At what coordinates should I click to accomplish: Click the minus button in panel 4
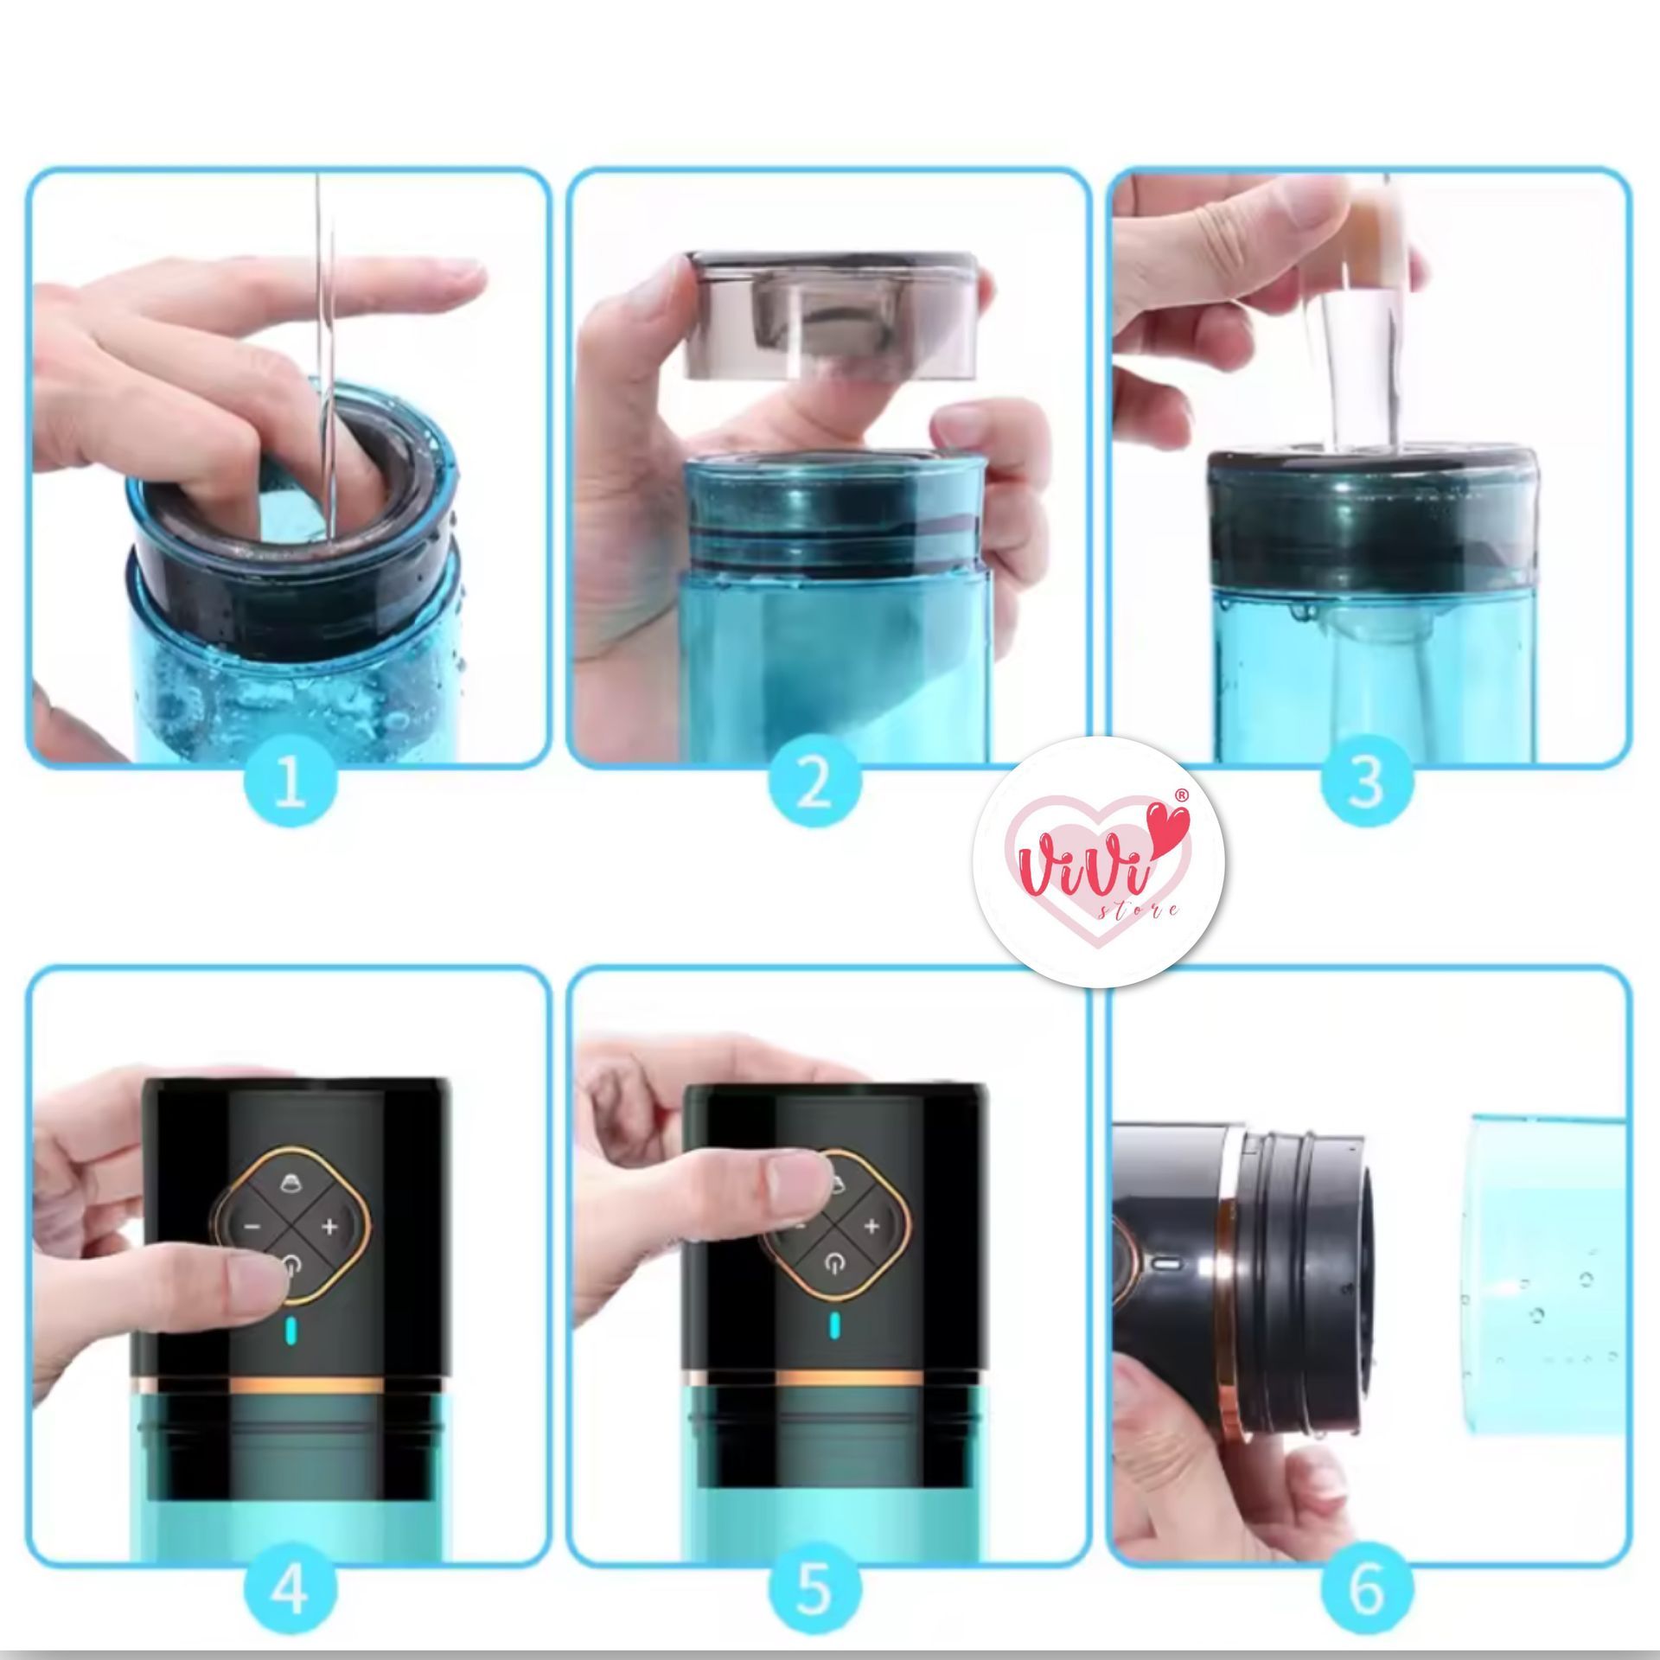(x=251, y=1226)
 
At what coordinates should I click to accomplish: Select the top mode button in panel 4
(x=291, y=1186)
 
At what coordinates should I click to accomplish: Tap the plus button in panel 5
(x=871, y=1226)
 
